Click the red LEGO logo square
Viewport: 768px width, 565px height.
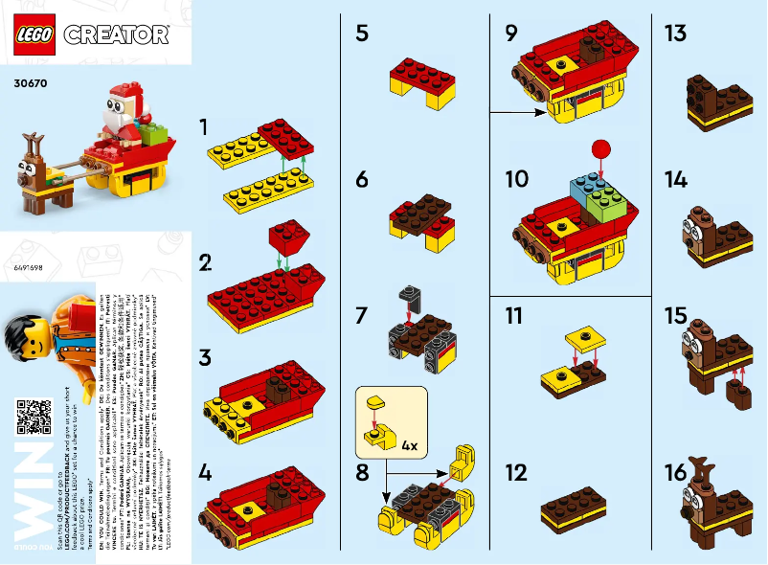tap(35, 34)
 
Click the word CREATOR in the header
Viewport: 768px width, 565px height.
tap(116, 35)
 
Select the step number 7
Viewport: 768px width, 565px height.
tap(361, 313)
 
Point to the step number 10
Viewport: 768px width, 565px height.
tap(516, 179)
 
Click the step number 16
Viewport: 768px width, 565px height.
tap(675, 473)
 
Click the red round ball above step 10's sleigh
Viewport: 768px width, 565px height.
tap(600, 148)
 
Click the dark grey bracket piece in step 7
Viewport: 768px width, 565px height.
tap(408, 301)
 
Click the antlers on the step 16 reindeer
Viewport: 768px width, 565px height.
tap(704, 471)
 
